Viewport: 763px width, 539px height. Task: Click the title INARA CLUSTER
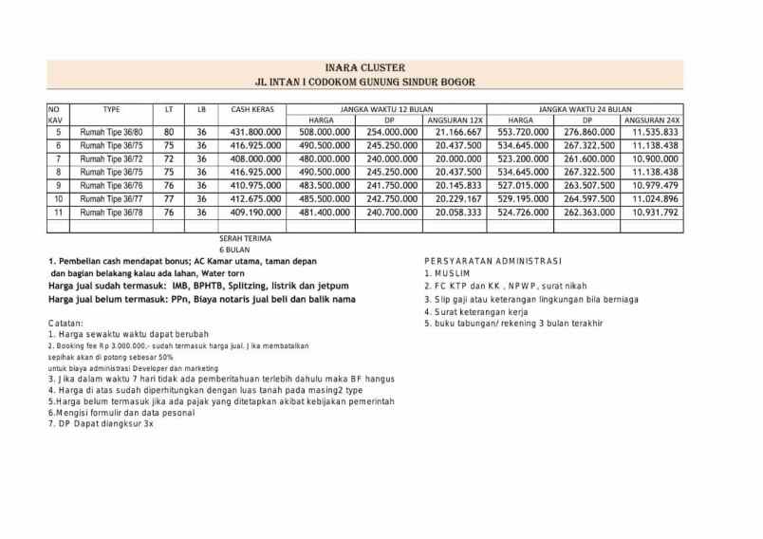(x=364, y=68)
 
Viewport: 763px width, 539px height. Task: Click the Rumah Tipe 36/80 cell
(x=111, y=132)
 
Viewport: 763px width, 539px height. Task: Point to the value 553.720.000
(x=523, y=132)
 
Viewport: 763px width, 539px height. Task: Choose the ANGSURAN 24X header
(x=652, y=121)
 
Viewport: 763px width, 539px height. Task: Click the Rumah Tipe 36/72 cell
(x=111, y=158)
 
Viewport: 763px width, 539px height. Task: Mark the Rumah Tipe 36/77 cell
(x=111, y=199)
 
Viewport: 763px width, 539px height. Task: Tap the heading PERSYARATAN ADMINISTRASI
(x=493, y=260)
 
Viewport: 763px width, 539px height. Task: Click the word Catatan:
(x=65, y=324)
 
